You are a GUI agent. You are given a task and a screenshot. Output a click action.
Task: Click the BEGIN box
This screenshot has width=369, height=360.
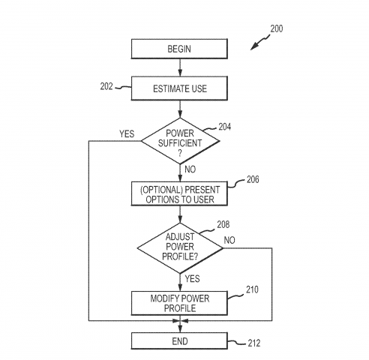(x=179, y=50)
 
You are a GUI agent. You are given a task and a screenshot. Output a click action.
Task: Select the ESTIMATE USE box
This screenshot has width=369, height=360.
(x=179, y=88)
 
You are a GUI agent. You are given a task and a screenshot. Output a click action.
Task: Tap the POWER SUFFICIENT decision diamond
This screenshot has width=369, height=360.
(x=179, y=140)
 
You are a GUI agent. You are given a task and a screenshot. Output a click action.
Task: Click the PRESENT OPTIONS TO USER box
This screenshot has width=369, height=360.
(x=179, y=193)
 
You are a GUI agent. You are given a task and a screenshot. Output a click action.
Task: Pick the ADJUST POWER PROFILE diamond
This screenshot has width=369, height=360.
(x=179, y=247)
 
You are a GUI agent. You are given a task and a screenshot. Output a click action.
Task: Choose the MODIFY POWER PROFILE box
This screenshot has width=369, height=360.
(x=179, y=302)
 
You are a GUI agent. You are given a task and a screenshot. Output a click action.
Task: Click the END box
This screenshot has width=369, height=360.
(x=179, y=341)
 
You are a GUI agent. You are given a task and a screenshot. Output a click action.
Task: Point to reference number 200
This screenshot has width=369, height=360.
(x=276, y=28)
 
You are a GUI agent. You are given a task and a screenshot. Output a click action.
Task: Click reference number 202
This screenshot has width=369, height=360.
(x=106, y=87)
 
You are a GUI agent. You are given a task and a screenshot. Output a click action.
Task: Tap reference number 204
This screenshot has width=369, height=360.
(x=225, y=127)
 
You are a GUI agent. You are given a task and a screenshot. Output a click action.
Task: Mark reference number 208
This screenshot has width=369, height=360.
(x=223, y=224)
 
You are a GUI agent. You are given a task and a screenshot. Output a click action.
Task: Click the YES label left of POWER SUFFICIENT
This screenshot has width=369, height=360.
(x=126, y=134)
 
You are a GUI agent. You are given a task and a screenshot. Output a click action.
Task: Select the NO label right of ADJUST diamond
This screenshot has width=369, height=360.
(x=230, y=240)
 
